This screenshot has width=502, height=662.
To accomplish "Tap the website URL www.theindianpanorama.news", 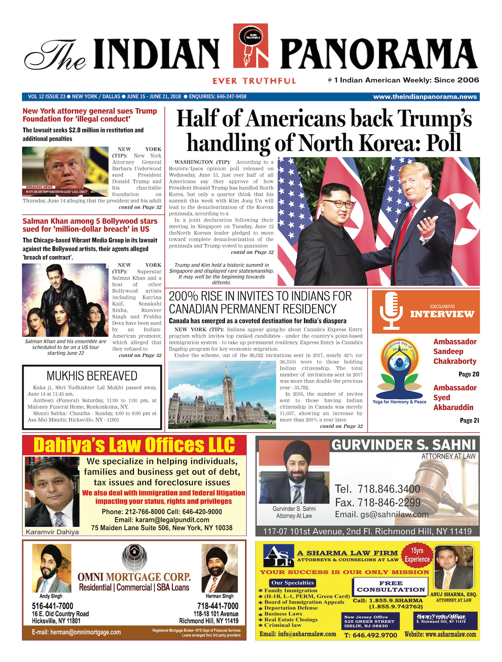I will point(425,97).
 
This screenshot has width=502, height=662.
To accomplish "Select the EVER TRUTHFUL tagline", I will point(254,81).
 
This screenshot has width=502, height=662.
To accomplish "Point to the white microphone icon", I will point(391,311).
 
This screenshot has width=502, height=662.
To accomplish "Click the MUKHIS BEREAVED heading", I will point(92,376).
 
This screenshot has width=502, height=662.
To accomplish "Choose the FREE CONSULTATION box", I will point(391,587).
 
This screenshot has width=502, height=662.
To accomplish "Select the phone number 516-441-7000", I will point(52,606).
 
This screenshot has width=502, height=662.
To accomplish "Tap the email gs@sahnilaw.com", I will point(382,514).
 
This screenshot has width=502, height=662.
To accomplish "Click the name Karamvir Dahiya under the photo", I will point(52,532).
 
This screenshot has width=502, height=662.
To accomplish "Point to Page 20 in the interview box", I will point(469,374).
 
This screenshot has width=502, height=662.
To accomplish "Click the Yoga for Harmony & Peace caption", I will point(399,402).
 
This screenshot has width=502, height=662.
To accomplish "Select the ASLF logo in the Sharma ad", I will point(278,556).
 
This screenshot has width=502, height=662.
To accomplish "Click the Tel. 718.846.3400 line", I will point(377,489).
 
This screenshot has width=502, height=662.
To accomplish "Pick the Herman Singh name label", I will point(220,596).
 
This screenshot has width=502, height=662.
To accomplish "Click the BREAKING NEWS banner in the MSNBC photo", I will point(39,187).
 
